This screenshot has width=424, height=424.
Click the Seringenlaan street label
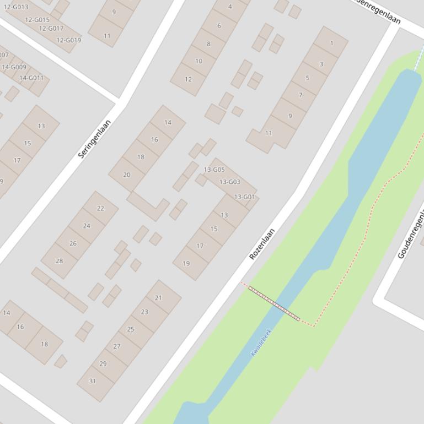[95, 139]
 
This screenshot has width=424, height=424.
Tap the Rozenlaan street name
[262, 244]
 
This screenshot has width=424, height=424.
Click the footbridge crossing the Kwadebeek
[274, 303]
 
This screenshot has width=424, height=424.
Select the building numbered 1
[331, 43]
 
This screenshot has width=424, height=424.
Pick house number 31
[92, 381]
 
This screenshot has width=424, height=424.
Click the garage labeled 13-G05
[214, 170]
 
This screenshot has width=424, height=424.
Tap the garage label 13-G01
[244, 197]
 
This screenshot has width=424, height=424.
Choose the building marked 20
[127, 175]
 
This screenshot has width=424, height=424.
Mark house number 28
[59, 261]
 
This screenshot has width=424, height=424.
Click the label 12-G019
[69, 40]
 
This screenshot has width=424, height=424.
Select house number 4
[230, 7]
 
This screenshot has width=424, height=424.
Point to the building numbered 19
[186, 263]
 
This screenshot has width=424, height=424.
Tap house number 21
[159, 298]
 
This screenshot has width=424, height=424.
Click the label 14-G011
[31, 78]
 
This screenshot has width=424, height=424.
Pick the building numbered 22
[100, 208]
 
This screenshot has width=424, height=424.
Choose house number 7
[300, 95]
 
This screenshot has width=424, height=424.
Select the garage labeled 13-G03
[230, 182]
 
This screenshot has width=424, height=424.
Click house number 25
[131, 329]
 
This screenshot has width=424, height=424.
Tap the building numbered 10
[198, 61]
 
